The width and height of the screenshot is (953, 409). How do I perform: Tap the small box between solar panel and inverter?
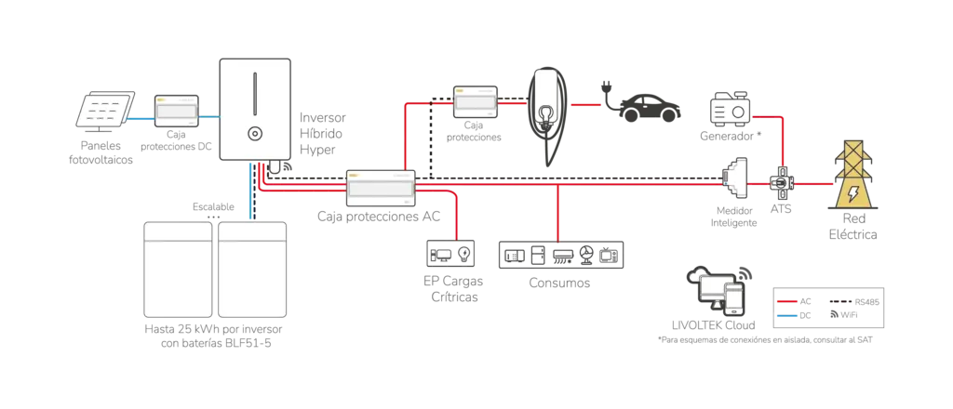coord(176,111)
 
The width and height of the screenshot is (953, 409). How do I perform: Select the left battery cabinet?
coord(178,269)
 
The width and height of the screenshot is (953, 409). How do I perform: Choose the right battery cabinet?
coord(252,269)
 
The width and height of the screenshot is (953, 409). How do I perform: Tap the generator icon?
coord(730,109)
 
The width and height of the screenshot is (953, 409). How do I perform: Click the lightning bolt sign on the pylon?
coord(852,192)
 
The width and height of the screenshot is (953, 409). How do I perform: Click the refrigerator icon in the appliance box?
coord(537,254)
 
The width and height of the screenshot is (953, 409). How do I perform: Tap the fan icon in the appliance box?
coord(587,253)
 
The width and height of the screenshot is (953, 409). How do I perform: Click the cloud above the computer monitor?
coord(698,275)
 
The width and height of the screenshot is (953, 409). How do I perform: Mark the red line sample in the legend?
coord(786,302)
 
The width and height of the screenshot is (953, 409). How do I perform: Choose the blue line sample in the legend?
coord(786,315)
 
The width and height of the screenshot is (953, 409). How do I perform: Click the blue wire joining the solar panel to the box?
coord(141,119)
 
